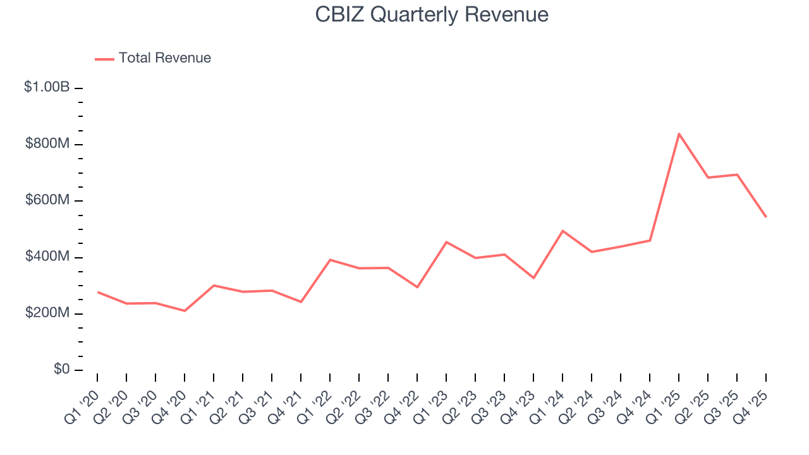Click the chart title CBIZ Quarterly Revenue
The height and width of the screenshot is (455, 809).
pyautogui.click(x=432, y=15)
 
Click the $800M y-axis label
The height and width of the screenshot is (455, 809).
pyautogui.click(x=47, y=144)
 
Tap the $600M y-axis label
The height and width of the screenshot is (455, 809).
pyautogui.click(x=47, y=200)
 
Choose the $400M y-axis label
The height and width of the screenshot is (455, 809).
pyautogui.click(x=47, y=257)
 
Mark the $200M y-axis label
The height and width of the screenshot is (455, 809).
pyautogui.click(x=47, y=313)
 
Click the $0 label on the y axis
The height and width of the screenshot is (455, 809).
pyautogui.click(x=61, y=370)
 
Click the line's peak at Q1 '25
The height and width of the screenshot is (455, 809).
pyautogui.click(x=679, y=133)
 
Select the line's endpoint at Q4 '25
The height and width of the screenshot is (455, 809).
pyautogui.click(x=766, y=217)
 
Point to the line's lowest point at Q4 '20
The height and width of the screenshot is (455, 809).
pyautogui.click(x=185, y=311)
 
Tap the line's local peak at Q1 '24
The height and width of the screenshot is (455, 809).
pyautogui.click(x=563, y=231)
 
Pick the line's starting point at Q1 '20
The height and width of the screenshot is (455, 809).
pyautogui.click(x=98, y=292)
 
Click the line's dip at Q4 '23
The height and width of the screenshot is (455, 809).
pyautogui.click(x=533, y=278)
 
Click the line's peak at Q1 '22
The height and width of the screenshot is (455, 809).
pyautogui.click(x=330, y=260)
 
